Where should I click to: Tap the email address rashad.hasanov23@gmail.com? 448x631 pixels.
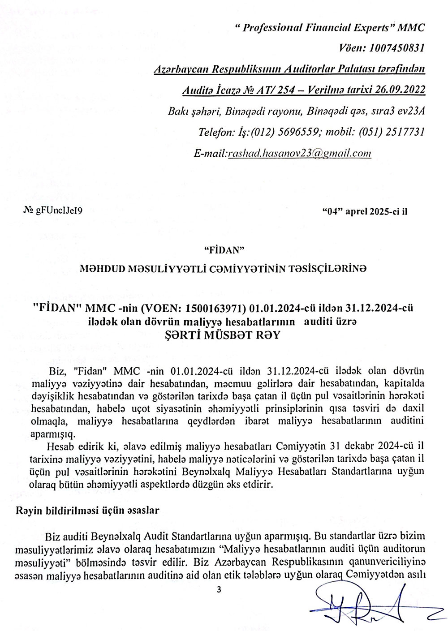(300, 153)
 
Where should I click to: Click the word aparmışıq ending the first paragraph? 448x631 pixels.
(52, 434)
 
